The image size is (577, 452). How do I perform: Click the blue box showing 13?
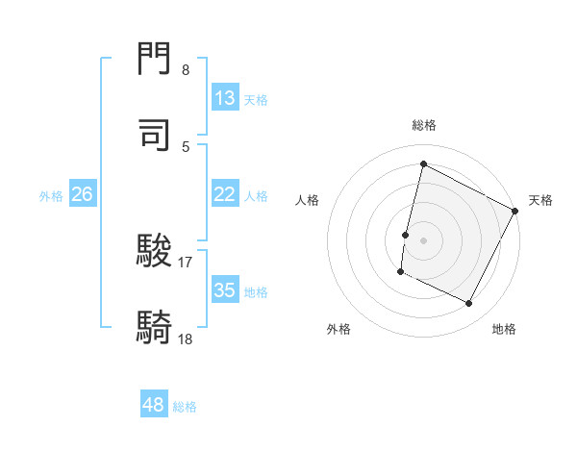(x=225, y=98)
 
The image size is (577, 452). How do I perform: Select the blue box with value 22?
(x=225, y=194)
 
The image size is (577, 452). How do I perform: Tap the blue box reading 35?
(x=225, y=290)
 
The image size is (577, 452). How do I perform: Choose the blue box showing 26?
(x=82, y=194)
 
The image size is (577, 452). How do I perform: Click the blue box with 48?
(x=154, y=406)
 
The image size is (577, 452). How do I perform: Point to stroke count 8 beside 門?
(x=186, y=70)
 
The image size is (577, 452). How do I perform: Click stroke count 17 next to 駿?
(x=186, y=262)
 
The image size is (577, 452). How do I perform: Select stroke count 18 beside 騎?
(x=186, y=338)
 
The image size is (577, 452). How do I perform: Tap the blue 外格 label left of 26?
(x=51, y=195)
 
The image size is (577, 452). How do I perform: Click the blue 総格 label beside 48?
(x=185, y=407)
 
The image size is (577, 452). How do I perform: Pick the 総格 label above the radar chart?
(x=423, y=125)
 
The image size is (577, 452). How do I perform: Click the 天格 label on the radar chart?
(x=540, y=200)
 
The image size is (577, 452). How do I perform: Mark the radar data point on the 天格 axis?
(x=515, y=211)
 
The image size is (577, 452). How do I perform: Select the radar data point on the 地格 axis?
(x=469, y=304)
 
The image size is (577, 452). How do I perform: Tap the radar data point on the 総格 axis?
(x=423, y=164)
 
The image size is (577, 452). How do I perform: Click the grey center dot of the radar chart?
(x=423, y=239)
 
